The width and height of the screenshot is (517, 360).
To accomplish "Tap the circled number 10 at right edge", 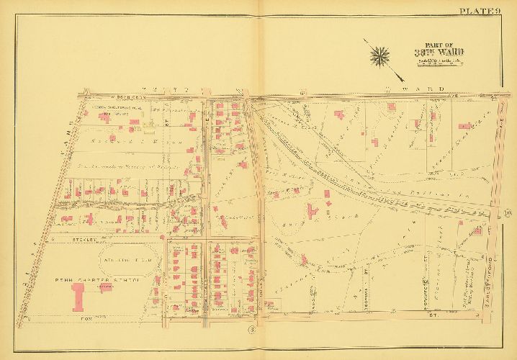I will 508,212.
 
